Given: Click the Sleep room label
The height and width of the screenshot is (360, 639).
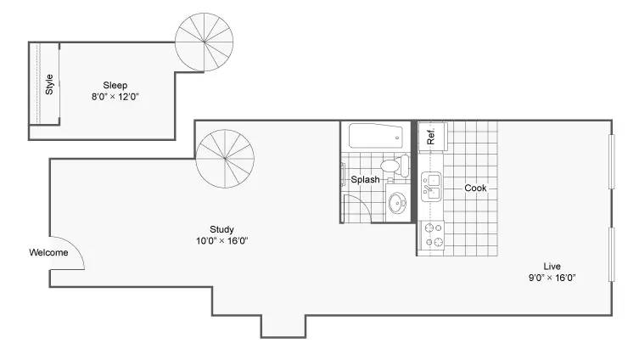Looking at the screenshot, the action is pyautogui.click(x=115, y=85).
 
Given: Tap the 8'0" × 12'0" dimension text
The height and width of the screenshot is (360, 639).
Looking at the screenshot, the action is pyautogui.click(x=115, y=97).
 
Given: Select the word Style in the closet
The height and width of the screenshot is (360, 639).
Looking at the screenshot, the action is pyautogui.click(x=49, y=84).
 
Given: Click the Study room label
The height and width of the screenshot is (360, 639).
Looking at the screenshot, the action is pyautogui.click(x=221, y=229).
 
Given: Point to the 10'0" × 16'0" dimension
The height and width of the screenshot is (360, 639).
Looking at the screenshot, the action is pyautogui.click(x=222, y=240).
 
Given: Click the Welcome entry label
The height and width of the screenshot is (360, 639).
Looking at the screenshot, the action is pyautogui.click(x=48, y=252).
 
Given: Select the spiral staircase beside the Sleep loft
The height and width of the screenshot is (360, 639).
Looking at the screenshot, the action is pyautogui.click(x=205, y=42).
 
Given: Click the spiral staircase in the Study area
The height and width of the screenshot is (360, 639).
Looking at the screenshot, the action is pyautogui.click(x=225, y=159).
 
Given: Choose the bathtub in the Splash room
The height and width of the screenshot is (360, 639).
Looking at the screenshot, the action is pyautogui.click(x=376, y=136).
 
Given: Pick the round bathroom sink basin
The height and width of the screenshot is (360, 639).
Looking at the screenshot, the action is pyautogui.click(x=397, y=203).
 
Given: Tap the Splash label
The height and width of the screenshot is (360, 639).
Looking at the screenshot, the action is pyautogui.click(x=365, y=179).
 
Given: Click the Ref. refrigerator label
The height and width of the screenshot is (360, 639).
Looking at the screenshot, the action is pyautogui.click(x=431, y=136).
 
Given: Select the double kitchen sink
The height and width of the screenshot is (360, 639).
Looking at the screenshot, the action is pyautogui.click(x=431, y=187).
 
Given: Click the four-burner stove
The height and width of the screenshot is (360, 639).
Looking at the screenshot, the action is pyautogui.click(x=433, y=235).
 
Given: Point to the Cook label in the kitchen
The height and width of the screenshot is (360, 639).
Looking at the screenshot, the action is pyautogui.click(x=475, y=188).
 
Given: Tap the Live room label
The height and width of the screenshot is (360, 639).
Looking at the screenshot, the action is pyautogui.click(x=552, y=267).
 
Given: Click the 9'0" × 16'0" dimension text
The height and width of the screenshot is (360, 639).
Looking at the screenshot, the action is pyautogui.click(x=552, y=278).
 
